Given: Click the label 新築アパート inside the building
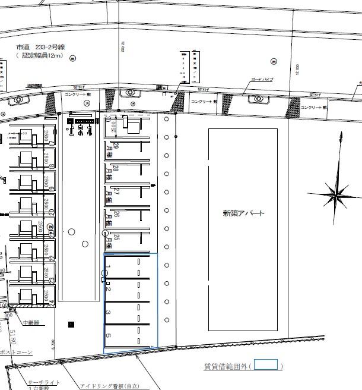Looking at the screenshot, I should (243, 213).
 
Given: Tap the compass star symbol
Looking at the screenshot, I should (337, 193).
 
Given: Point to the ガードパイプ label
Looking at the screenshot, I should (262, 79).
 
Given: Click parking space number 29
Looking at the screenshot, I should (116, 146).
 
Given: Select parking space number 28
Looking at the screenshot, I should (116, 169).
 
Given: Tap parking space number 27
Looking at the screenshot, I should (116, 193).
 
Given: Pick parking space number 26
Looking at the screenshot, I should (116, 215).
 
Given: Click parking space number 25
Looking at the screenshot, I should (116, 238).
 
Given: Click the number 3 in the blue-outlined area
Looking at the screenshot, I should (108, 312).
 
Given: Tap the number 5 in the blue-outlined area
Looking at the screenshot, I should (108, 336).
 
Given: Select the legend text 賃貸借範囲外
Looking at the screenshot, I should (226, 366).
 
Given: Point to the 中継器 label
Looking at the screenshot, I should (31, 322).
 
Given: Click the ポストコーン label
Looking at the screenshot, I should (15, 352).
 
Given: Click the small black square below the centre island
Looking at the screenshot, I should (72, 324).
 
